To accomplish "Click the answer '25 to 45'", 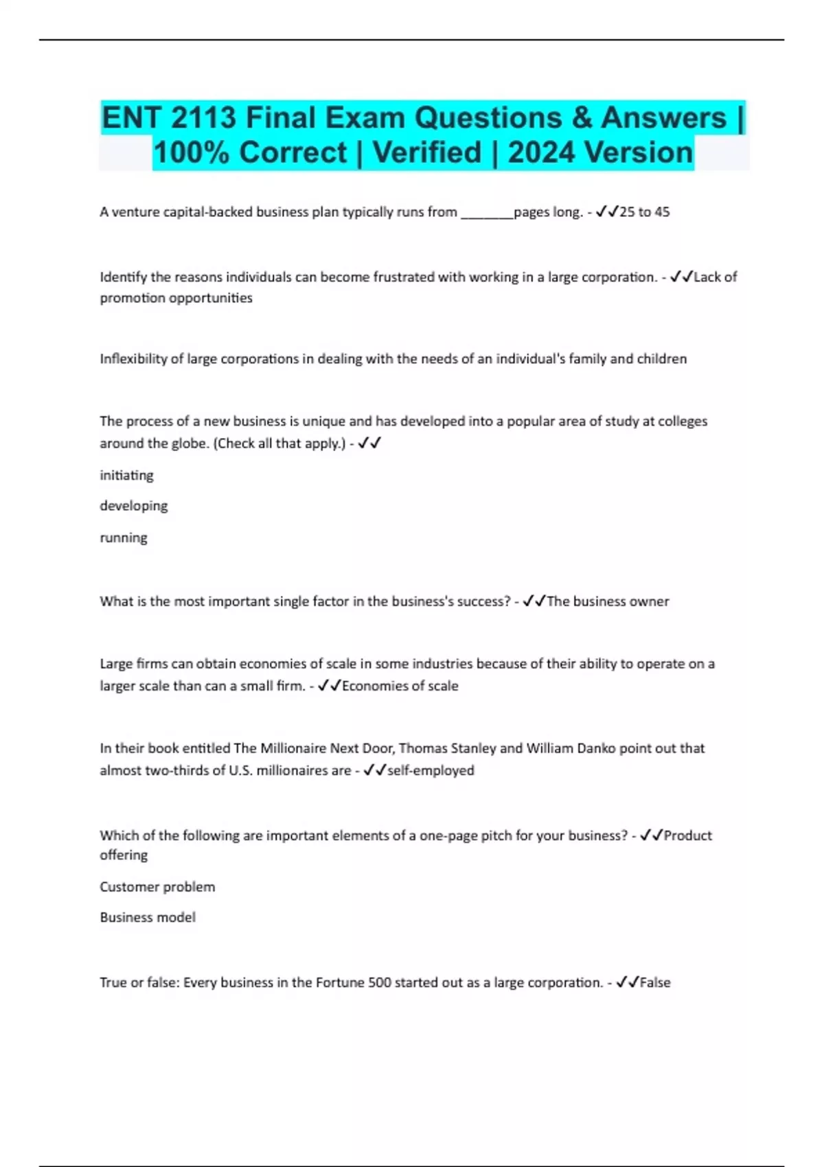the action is pos(644,212).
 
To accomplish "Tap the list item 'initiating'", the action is pos(126,475).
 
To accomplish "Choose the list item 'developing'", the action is pos(133,506).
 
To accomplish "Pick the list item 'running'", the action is pos(124,538).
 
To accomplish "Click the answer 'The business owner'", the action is pos(608,601).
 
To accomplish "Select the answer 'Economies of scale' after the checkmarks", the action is pos(400,686).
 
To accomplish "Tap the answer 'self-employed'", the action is pos(431,770).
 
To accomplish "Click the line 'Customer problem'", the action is pos(157,887).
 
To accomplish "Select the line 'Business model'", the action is pos(148,917).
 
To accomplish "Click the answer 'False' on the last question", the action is pos(655,982).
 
